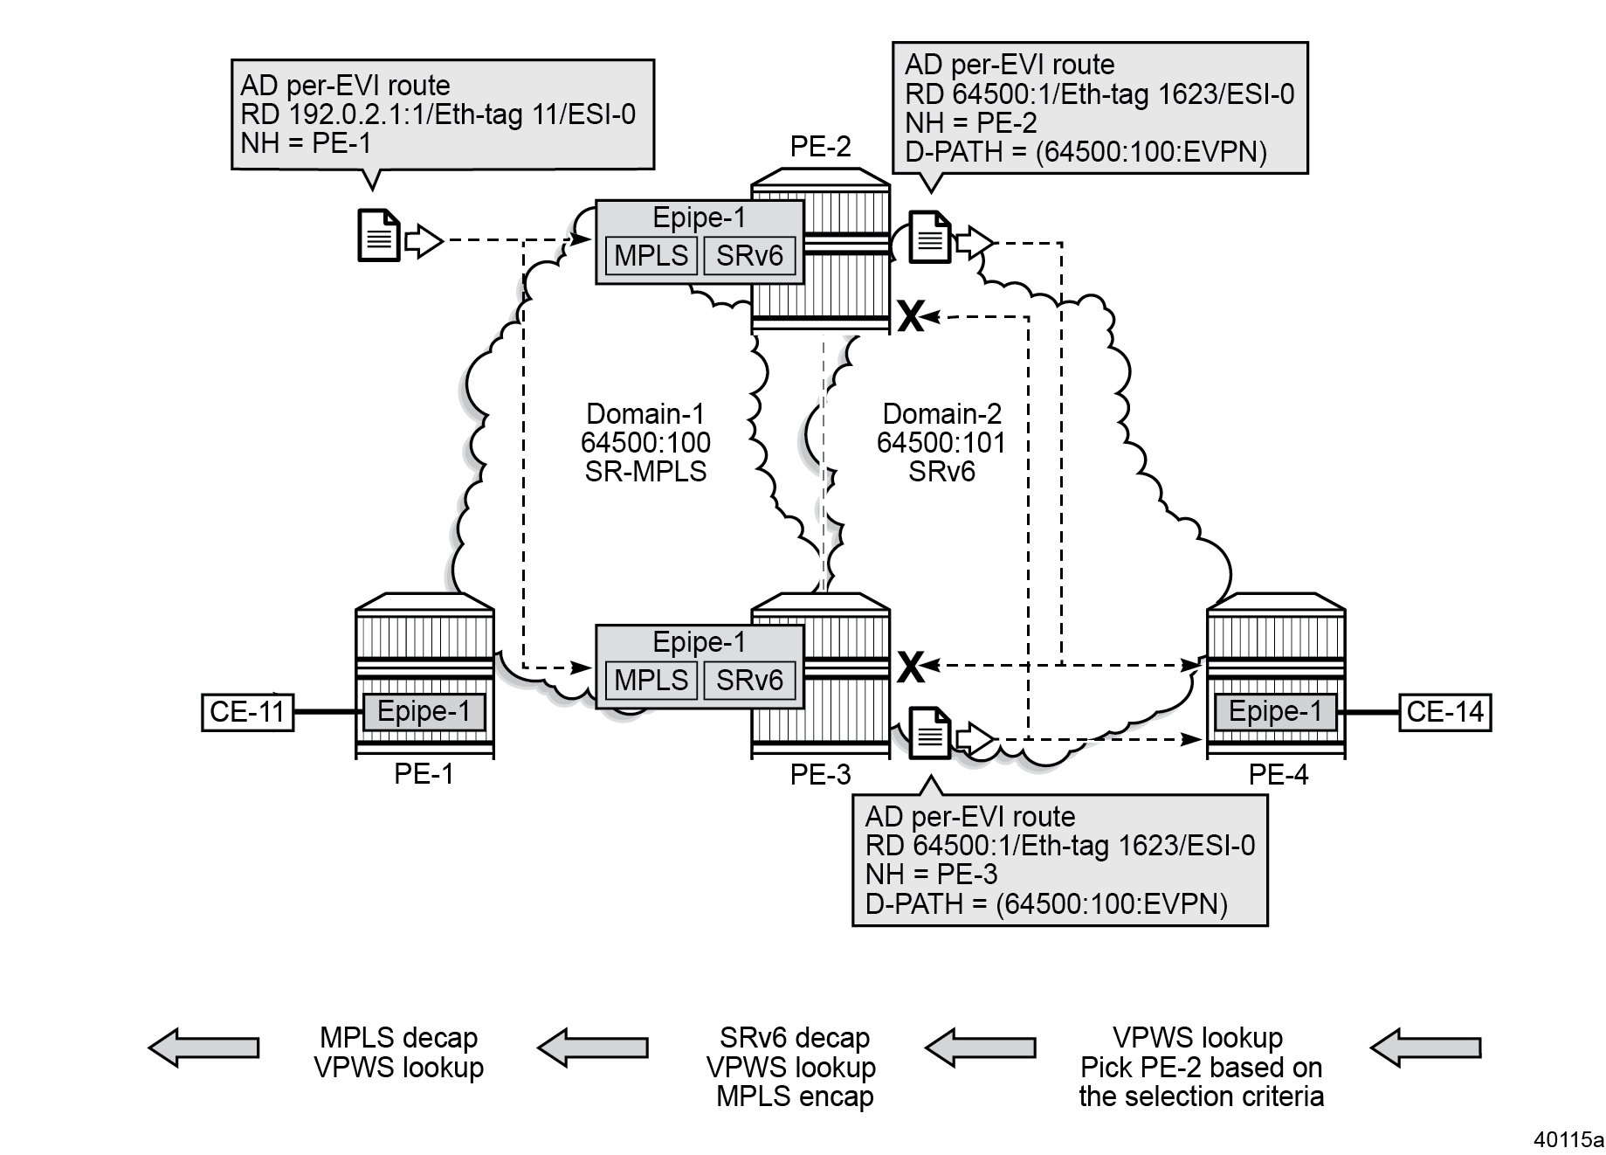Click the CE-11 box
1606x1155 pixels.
point(248,712)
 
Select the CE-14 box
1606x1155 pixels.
point(1444,712)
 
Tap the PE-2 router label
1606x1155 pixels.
point(820,146)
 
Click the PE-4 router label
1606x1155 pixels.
point(1278,774)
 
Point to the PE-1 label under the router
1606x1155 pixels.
point(424,774)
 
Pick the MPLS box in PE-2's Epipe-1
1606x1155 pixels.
point(651,256)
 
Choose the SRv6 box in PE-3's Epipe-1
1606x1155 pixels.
point(749,681)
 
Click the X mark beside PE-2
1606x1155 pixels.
point(910,316)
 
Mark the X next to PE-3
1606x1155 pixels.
point(910,667)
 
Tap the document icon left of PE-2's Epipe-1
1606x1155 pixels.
point(379,236)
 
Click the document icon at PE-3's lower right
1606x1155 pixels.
point(930,734)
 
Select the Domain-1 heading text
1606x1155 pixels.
point(645,413)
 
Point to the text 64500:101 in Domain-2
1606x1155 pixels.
point(941,442)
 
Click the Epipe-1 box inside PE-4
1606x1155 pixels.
point(1275,711)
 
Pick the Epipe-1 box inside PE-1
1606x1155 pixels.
point(424,711)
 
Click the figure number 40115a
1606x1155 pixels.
point(1569,1139)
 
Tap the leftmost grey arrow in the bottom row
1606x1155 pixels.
point(203,1047)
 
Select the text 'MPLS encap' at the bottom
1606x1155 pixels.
point(795,1096)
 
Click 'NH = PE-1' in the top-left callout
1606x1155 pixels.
point(306,142)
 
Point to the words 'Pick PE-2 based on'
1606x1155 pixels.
point(1201,1067)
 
